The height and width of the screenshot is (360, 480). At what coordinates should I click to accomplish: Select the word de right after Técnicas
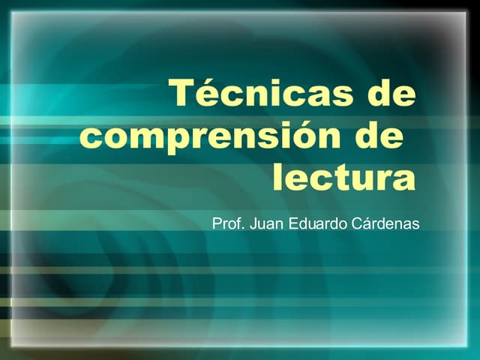[391, 94]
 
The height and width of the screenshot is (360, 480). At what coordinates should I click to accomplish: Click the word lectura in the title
[343, 178]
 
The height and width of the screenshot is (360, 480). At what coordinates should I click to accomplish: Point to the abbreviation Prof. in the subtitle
[228, 223]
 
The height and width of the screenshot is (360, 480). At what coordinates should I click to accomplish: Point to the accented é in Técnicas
[209, 94]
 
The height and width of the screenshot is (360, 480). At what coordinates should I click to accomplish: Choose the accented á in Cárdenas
[367, 223]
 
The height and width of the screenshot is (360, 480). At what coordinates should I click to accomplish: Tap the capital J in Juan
[253, 223]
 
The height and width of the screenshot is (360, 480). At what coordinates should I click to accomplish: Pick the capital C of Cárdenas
[357, 223]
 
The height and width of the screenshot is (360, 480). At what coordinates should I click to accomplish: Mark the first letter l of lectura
[277, 178]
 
